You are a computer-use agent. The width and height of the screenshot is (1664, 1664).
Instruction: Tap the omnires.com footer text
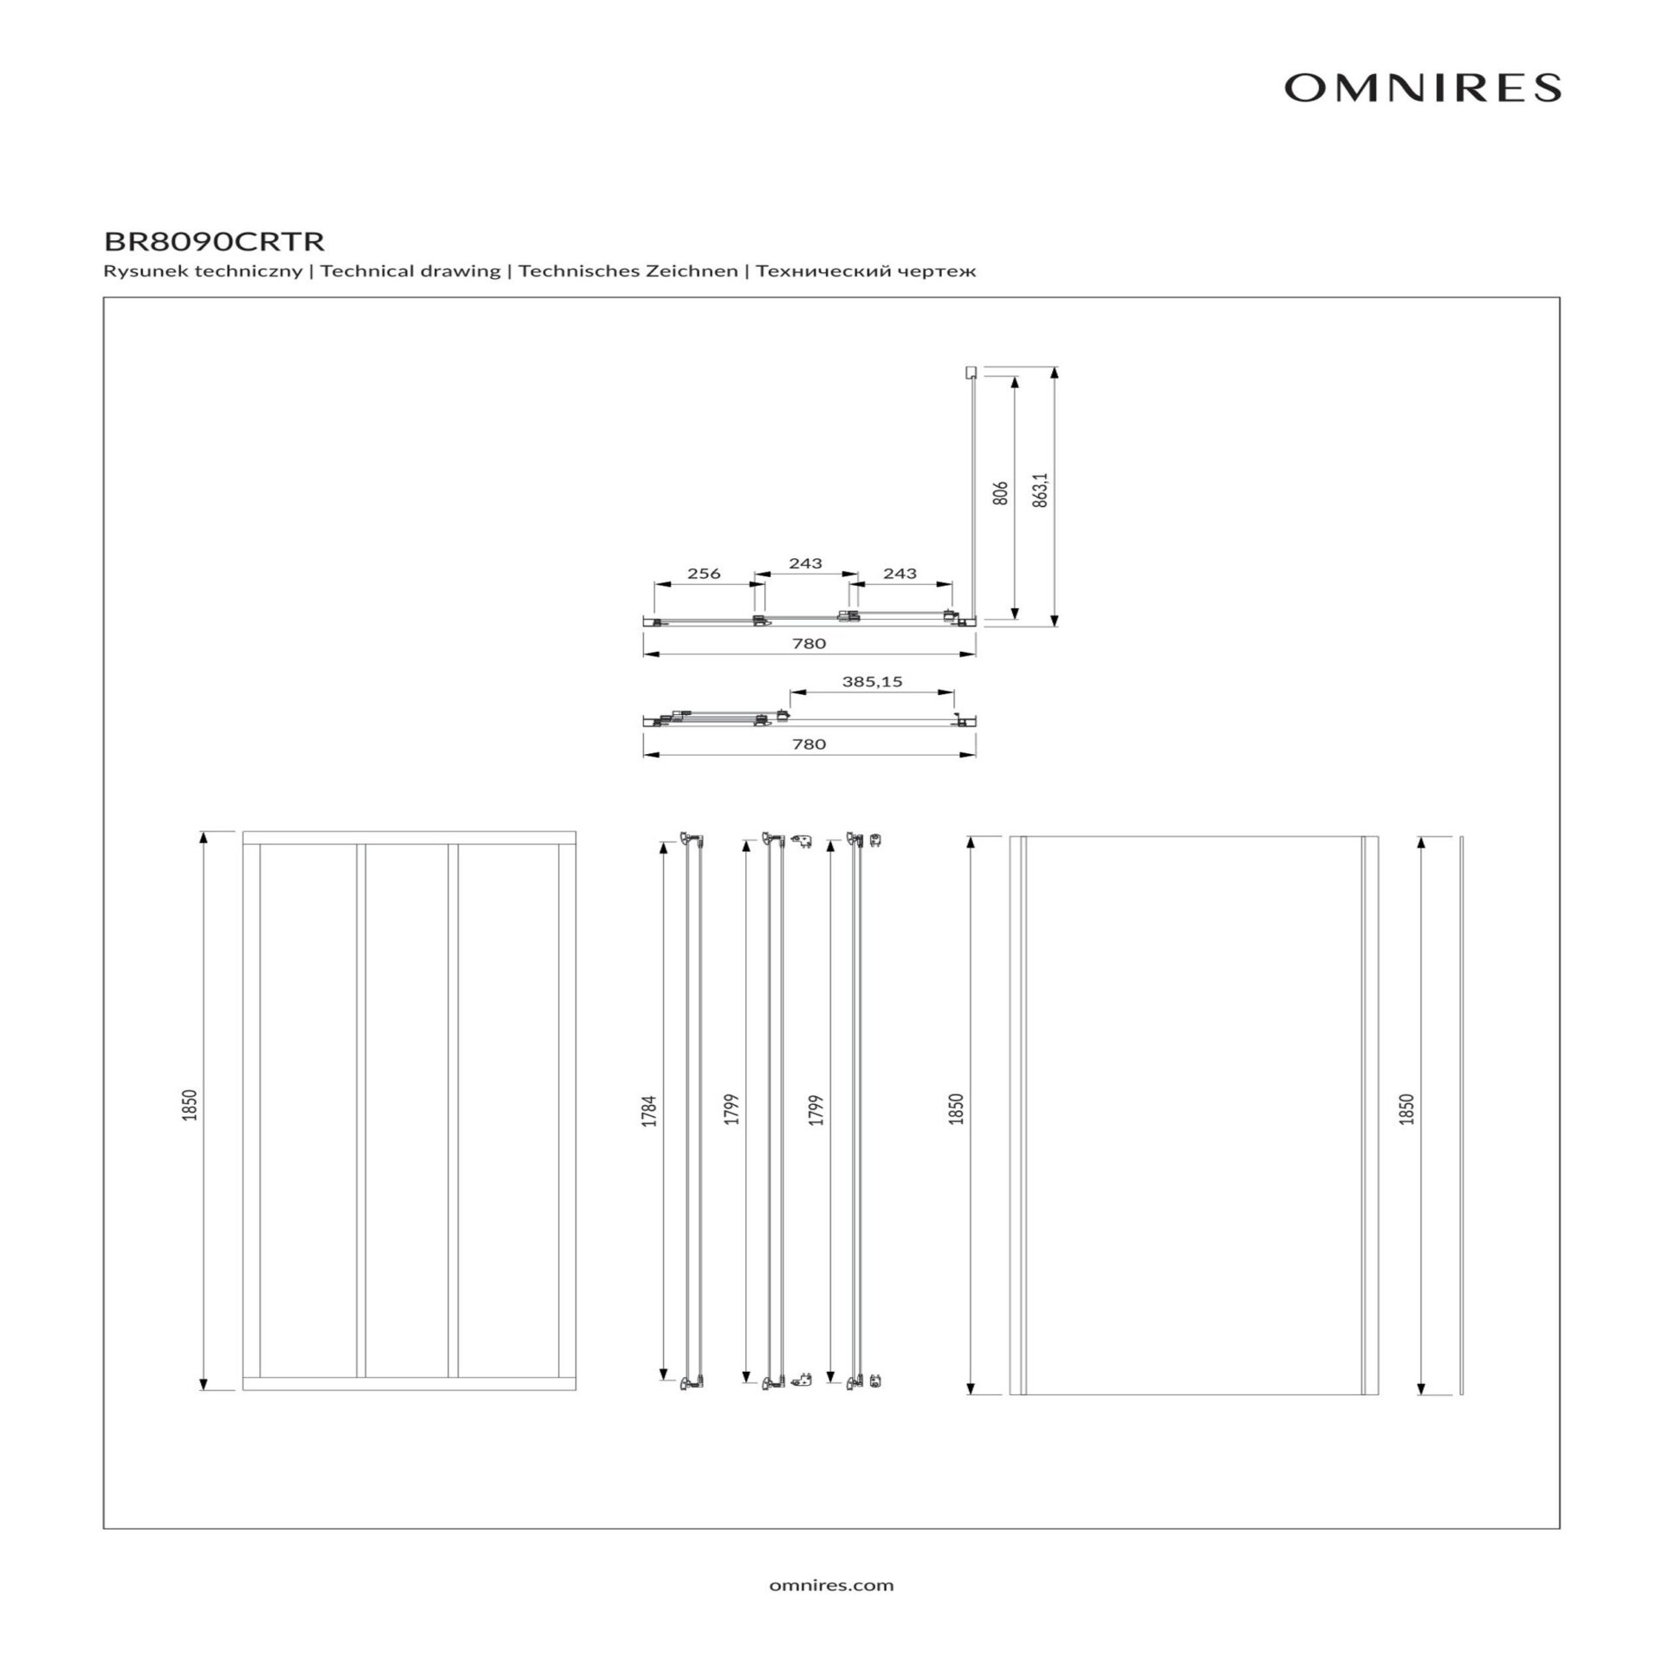click(831, 1585)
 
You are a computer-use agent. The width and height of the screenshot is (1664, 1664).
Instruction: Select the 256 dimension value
click(704, 573)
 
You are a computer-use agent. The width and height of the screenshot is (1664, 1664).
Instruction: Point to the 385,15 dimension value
click(872, 681)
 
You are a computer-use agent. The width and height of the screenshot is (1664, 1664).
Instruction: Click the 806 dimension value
click(1000, 493)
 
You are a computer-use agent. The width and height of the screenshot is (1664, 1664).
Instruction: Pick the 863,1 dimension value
click(1041, 490)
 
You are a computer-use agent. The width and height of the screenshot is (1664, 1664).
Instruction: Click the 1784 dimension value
click(649, 1111)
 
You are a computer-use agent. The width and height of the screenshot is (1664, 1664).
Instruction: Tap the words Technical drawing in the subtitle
click(411, 271)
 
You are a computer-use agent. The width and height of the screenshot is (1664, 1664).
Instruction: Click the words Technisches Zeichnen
click(628, 271)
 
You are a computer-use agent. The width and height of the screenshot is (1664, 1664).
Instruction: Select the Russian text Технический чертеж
click(866, 271)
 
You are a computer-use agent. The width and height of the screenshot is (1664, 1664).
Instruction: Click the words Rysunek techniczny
click(203, 271)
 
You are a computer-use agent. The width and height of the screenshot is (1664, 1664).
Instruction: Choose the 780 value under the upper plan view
click(809, 643)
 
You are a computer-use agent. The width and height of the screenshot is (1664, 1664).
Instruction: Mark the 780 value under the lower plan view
click(809, 744)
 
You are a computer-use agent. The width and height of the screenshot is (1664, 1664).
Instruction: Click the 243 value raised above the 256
click(805, 563)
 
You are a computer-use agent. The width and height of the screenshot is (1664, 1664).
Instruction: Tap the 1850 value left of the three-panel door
click(190, 1106)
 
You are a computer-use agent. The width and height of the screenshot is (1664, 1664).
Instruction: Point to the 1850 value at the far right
click(1407, 1109)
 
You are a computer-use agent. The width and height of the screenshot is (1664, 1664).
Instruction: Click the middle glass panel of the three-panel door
click(406, 1110)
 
